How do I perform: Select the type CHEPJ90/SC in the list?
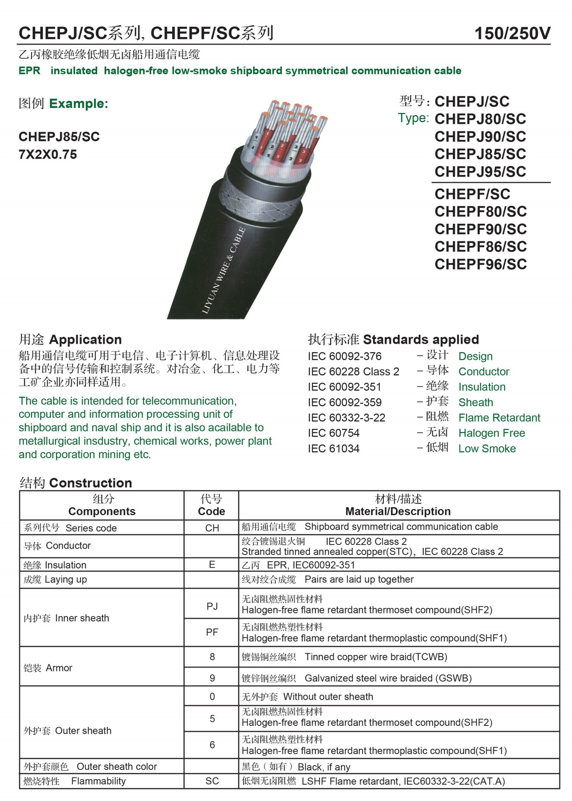(480, 137)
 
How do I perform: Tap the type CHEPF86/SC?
(480, 247)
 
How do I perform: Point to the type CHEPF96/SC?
(480, 264)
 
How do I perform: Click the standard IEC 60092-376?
(344, 356)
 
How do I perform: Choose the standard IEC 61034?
(333, 449)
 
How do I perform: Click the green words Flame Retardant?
(499, 418)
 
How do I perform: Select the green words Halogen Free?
(491, 433)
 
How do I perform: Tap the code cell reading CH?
(212, 528)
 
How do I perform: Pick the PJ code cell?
(212, 606)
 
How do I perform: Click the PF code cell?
(212, 632)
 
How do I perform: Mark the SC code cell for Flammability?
(212, 781)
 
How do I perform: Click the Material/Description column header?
(398, 511)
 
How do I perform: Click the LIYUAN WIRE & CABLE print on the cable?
(223, 271)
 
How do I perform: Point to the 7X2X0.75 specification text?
(48, 155)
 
